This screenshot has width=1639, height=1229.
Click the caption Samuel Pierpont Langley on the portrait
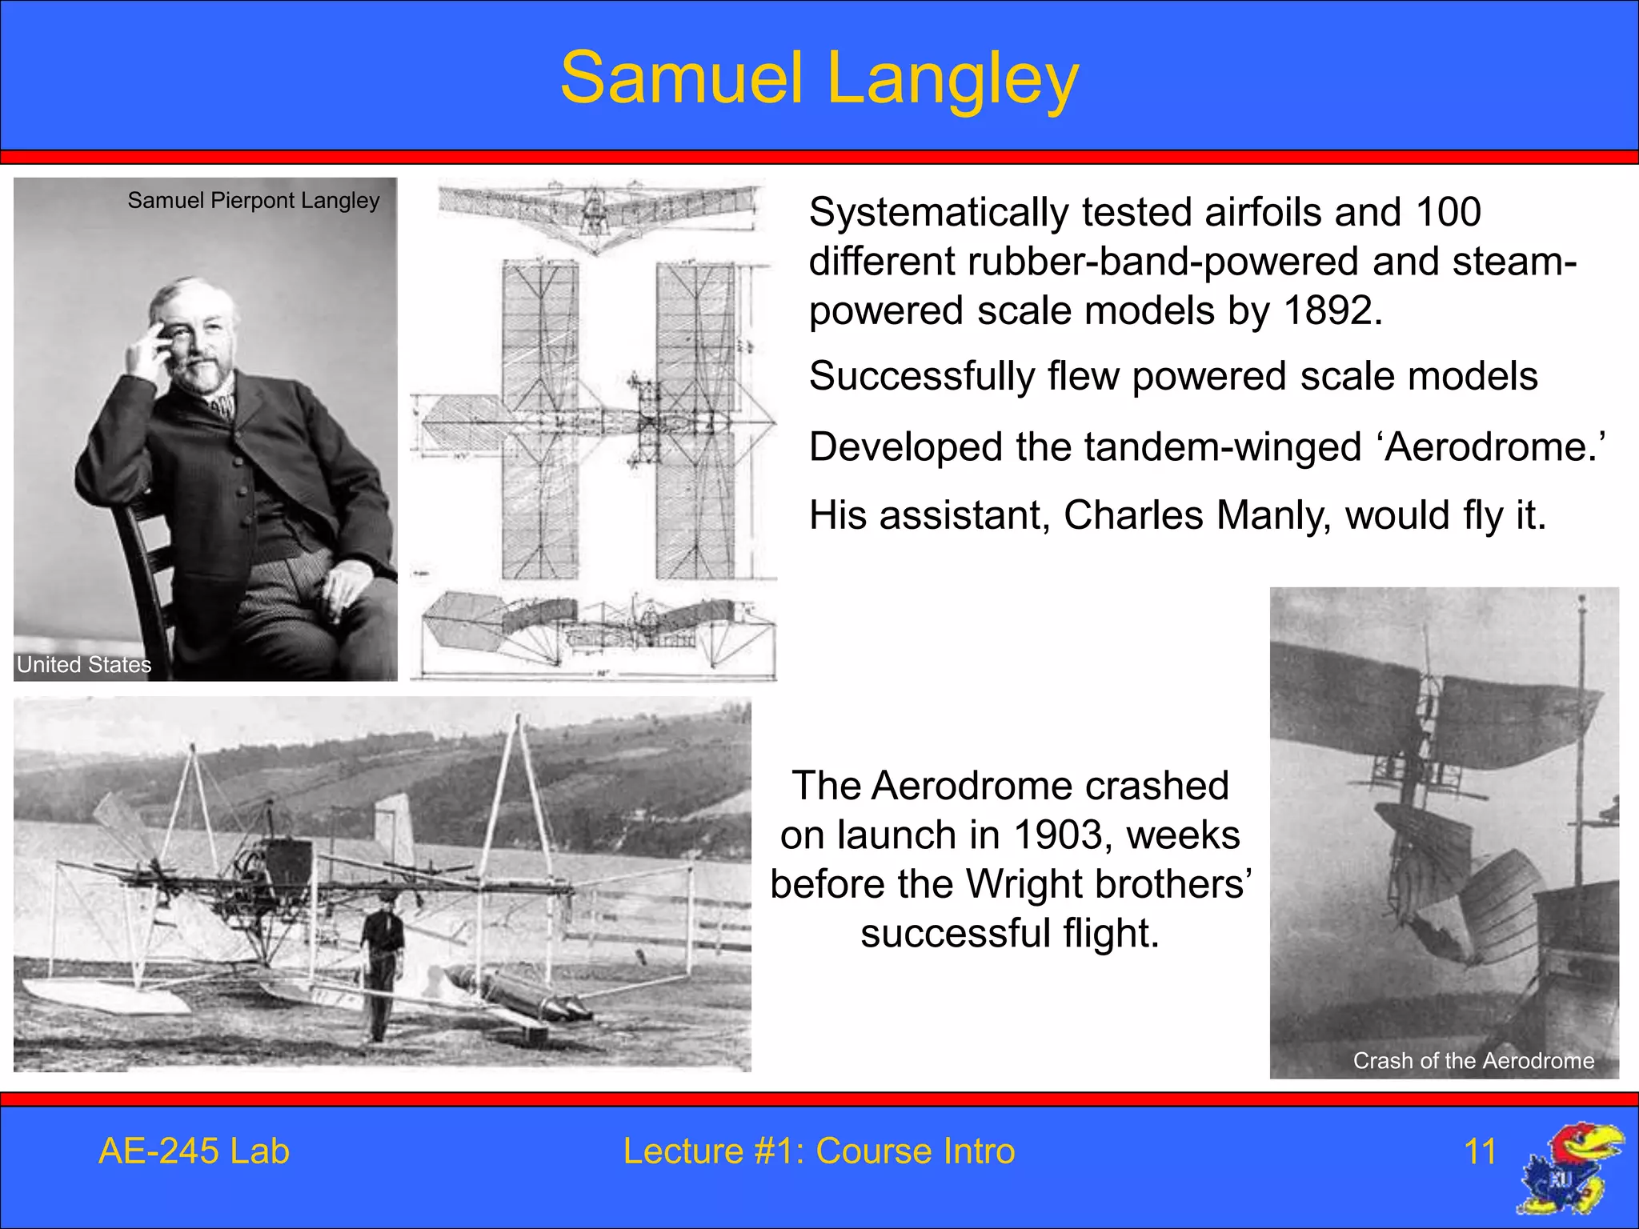pyautogui.click(x=254, y=200)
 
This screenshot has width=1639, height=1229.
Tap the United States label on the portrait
pyautogui.click(x=84, y=664)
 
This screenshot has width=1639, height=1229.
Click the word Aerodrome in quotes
pyautogui.click(x=1492, y=446)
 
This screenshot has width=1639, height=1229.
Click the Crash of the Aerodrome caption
pyautogui.click(x=1473, y=1060)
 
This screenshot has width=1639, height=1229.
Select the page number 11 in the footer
pyautogui.click(x=1480, y=1151)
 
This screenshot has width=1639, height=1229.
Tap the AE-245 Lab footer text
pyautogui.click(x=194, y=1151)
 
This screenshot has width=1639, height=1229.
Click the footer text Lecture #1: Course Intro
pyautogui.click(x=819, y=1151)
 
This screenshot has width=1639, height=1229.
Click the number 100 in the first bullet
pyautogui.click(x=1448, y=213)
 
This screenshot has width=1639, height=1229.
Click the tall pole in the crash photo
pyautogui.click(x=1581, y=744)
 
